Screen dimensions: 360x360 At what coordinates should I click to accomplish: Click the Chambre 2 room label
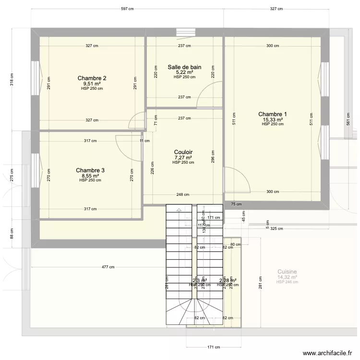pos(92,78)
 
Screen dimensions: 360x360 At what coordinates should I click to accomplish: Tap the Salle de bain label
pos(184,67)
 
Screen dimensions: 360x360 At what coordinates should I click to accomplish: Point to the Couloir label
pos(183,152)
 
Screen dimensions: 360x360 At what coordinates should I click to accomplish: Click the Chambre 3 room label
pos(90,170)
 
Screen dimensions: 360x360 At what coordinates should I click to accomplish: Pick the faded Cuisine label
pos(287,272)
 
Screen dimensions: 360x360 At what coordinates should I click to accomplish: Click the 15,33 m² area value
pos(273,120)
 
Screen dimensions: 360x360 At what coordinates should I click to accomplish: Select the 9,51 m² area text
pos(92,84)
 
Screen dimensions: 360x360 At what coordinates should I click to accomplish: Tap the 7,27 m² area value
pos(183,157)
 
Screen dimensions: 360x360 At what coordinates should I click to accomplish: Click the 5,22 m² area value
pos(184,72)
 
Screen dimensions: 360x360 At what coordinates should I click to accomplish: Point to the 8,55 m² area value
pos(90,176)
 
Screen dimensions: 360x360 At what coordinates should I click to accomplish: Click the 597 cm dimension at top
pos(127,9)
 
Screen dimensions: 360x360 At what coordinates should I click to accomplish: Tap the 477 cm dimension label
pos(108,267)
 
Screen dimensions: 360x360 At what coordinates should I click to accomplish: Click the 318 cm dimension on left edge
pos(12,78)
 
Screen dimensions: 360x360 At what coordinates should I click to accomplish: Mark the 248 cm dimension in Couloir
pos(182,195)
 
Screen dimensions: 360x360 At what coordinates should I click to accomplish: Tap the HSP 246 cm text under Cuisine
pos(287,282)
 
